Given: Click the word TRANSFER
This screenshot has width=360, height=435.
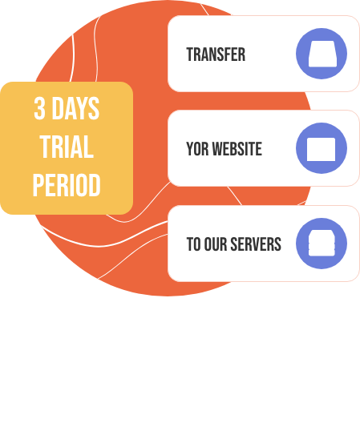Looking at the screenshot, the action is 216,54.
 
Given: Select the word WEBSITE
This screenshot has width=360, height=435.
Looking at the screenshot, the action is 237,149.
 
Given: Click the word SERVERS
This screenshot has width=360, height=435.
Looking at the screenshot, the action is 256,244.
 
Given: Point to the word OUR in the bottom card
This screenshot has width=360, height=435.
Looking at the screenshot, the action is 216,244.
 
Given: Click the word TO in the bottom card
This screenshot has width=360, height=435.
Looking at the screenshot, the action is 193,244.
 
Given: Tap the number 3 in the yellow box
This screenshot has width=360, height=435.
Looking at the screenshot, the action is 39,108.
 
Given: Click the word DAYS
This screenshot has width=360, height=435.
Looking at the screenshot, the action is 75,108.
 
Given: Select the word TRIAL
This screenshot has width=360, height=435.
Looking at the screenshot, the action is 67,147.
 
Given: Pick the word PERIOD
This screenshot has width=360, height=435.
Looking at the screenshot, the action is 67,185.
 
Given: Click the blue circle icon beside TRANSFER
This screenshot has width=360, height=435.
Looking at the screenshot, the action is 322,54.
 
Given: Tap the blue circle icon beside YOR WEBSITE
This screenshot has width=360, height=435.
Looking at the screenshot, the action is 322,148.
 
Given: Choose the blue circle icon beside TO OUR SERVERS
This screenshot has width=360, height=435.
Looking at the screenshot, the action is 322,244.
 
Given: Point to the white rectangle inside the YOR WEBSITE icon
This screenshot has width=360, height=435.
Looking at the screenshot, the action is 322,149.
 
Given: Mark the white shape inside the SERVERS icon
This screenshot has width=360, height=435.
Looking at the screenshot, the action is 322,243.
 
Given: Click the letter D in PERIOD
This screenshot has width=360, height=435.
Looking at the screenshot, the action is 95,185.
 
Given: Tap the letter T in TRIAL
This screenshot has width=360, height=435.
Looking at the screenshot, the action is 46,147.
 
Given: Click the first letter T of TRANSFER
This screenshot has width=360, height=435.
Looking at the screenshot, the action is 190,54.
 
